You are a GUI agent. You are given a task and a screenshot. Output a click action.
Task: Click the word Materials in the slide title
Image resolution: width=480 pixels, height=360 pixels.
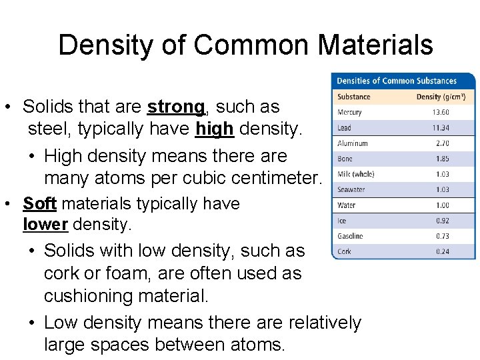point(376,45)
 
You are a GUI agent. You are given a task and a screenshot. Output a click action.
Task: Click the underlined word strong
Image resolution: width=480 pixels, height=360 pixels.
point(176,107)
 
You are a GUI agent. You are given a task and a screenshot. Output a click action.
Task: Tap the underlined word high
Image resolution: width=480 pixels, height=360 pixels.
point(215,129)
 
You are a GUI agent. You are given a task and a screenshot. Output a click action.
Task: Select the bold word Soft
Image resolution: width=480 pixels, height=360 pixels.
point(39,203)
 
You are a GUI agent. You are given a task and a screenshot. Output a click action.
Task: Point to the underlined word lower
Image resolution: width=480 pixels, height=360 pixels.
point(45,225)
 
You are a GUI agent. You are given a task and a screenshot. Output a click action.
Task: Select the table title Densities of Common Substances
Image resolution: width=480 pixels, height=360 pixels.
point(397,81)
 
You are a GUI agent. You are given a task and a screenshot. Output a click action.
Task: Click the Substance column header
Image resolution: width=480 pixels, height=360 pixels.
point(353,97)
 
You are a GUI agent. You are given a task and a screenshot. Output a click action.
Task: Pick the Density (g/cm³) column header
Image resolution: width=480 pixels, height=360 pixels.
point(441,97)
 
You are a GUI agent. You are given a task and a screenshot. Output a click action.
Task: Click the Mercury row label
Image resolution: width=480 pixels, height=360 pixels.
point(349,112)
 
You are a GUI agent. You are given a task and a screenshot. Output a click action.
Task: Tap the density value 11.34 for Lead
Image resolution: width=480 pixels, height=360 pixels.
point(441,127)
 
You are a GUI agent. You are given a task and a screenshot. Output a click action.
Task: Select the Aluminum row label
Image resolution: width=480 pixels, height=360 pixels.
point(353,143)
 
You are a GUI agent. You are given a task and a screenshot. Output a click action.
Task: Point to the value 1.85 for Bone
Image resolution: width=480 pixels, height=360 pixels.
point(443,159)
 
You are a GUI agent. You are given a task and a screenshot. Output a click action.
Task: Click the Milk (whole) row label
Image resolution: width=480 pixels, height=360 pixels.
point(356,174)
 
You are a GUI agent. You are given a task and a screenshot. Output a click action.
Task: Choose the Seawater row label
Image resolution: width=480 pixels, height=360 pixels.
point(351,190)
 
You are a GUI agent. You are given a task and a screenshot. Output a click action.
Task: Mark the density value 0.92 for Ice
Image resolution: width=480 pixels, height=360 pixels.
point(443,221)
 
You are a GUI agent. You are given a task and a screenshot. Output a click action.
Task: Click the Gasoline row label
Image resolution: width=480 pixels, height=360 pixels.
point(351,236)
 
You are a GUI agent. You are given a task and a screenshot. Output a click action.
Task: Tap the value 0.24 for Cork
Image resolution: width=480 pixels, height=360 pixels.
point(443,251)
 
